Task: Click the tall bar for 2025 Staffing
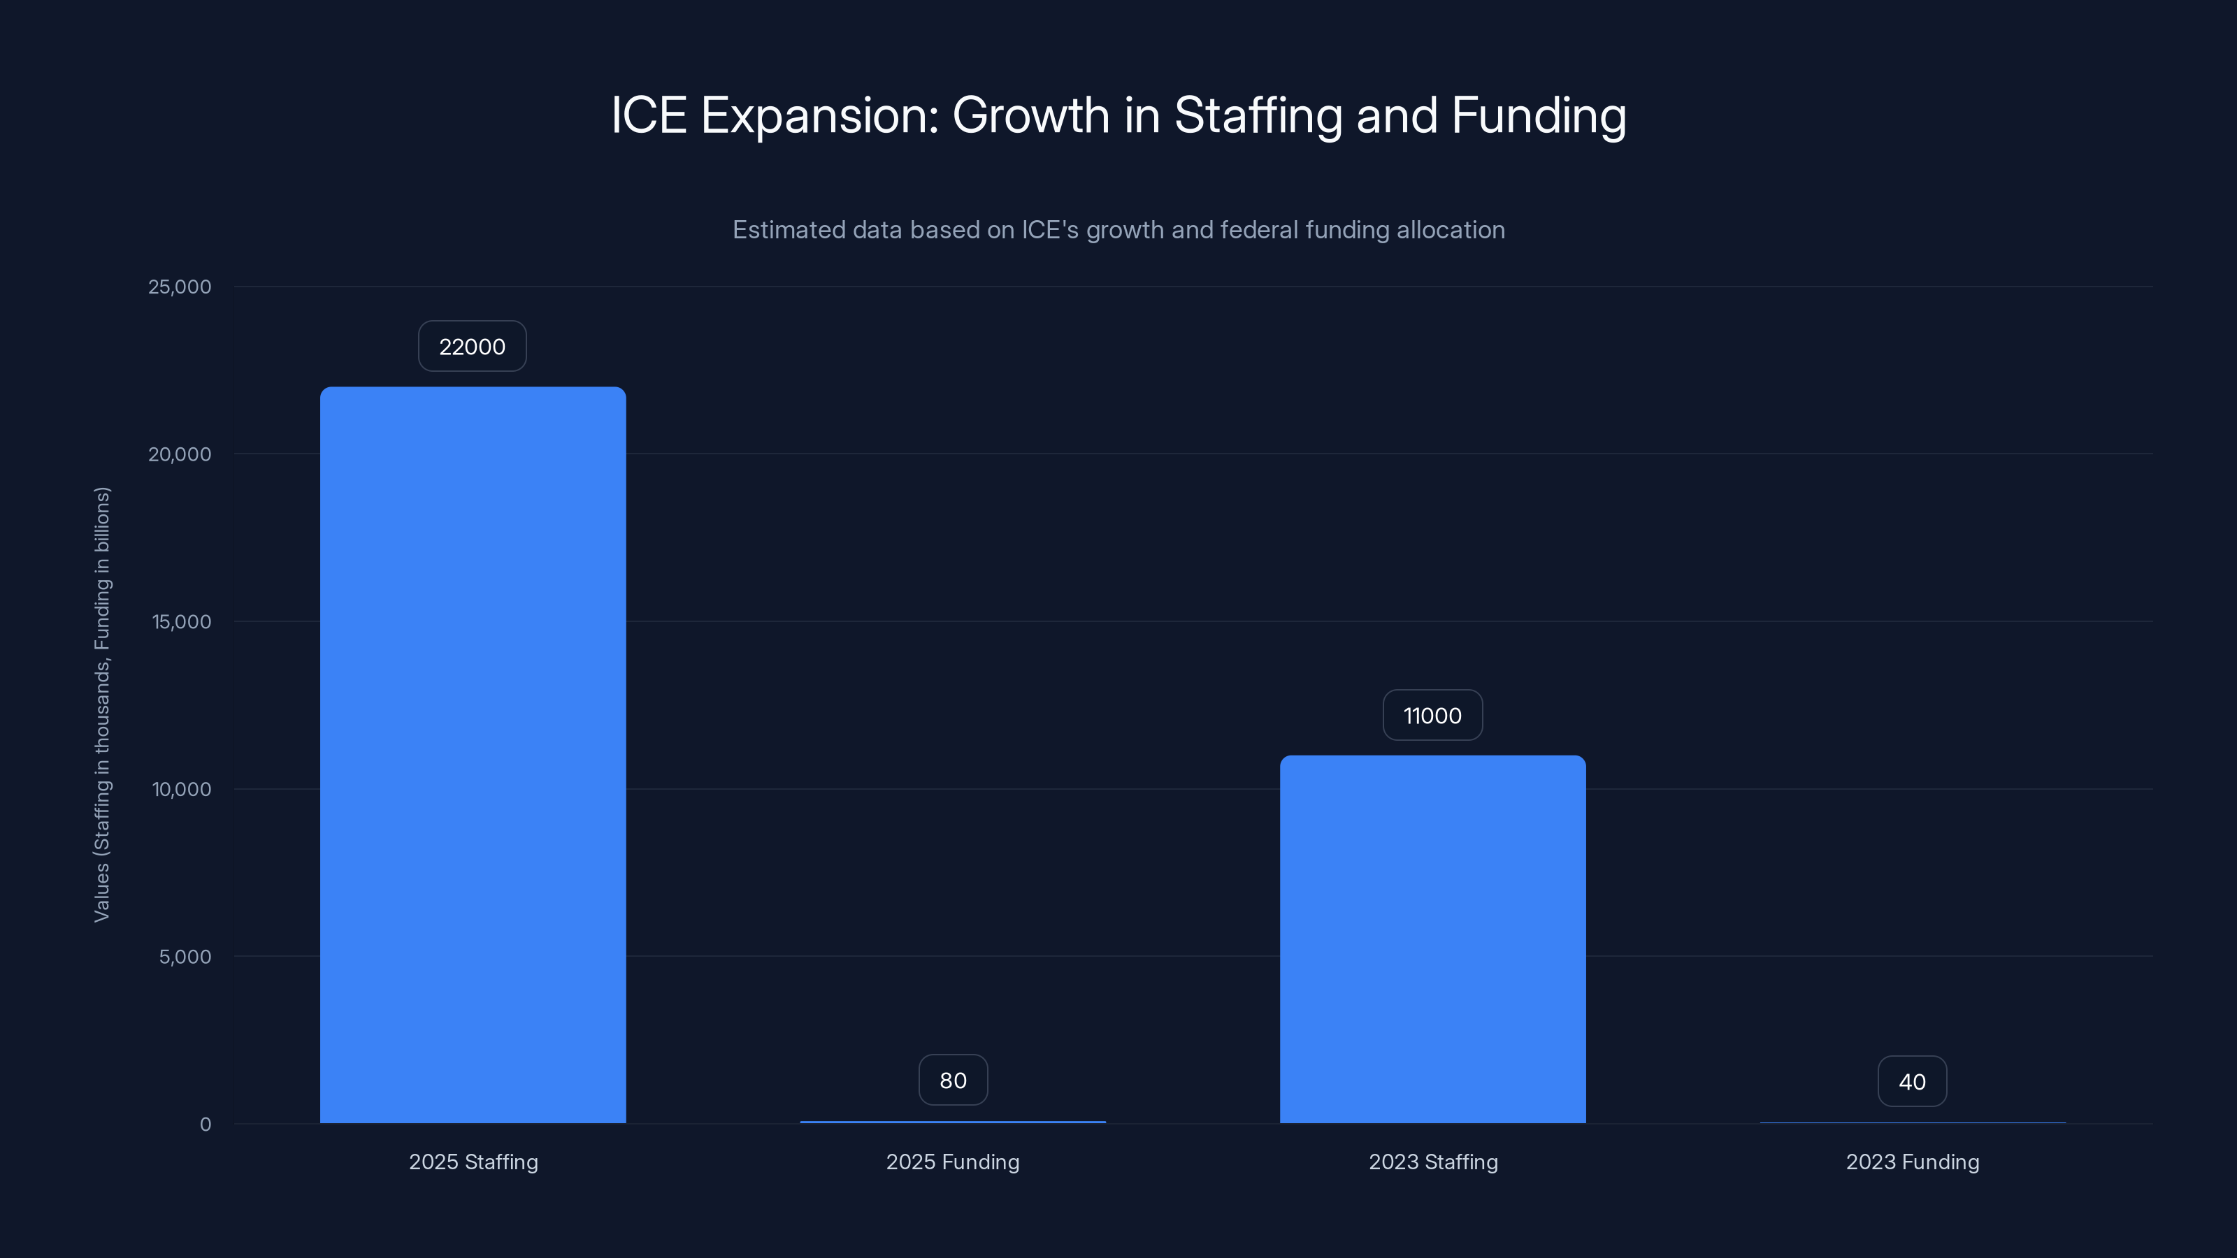coord(473,755)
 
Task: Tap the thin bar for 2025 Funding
coord(953,1122)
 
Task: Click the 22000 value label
coord(472,347)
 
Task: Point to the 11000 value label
coord(1432,716)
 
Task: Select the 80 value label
coord(953,1080)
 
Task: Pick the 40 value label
coord(1911,1082)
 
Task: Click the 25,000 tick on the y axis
coord(180,287)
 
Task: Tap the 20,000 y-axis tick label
coord(180,454)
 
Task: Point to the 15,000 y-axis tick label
coord(182,621)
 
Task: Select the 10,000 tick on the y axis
coord(182,789)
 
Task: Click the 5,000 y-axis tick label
coord(185,957)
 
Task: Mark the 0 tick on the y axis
coord(205,1125)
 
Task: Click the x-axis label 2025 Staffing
coord(473,1162)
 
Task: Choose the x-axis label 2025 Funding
coord(953,1162)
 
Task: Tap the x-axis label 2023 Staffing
coord(1433,1162)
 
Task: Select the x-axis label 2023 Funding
coord(1912,1162)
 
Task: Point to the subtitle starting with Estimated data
coord(1118,230)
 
